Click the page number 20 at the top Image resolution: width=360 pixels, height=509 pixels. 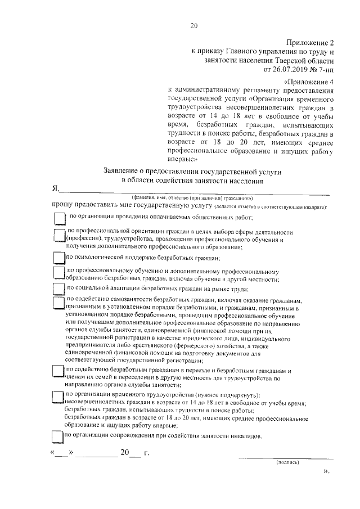tap(195, 25)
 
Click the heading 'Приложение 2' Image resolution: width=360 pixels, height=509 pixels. tap(310, 43)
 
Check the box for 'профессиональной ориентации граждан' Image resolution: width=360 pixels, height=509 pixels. tap(58, 237)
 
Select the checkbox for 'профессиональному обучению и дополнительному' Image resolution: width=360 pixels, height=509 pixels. tap(58, 274)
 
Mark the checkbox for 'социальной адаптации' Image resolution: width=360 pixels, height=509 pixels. tap(58, 289)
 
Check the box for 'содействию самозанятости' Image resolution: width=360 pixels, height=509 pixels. tap(58, 304)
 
